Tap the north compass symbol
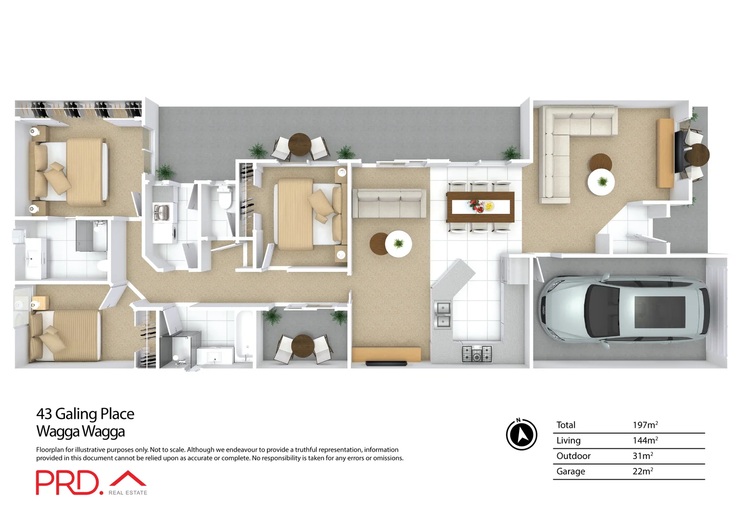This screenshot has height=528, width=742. (522, 434)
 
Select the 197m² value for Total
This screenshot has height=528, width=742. (645, 425)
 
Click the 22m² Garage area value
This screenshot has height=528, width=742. (642, 471)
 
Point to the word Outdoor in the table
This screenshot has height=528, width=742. (573, 456)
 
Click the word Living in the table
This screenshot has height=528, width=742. (568, 440)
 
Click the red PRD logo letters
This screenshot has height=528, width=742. (67, 483)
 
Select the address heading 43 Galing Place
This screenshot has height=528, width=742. (85, 414)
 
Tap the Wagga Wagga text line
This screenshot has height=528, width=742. (81, 431)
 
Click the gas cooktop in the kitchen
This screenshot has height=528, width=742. (477, 353)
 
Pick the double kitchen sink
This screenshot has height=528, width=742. (443, 314)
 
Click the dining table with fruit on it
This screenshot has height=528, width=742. (480, 207)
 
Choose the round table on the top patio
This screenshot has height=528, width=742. (300, 144)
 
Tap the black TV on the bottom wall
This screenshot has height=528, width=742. (386, 363)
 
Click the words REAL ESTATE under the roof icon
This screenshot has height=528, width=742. (128, 493)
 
